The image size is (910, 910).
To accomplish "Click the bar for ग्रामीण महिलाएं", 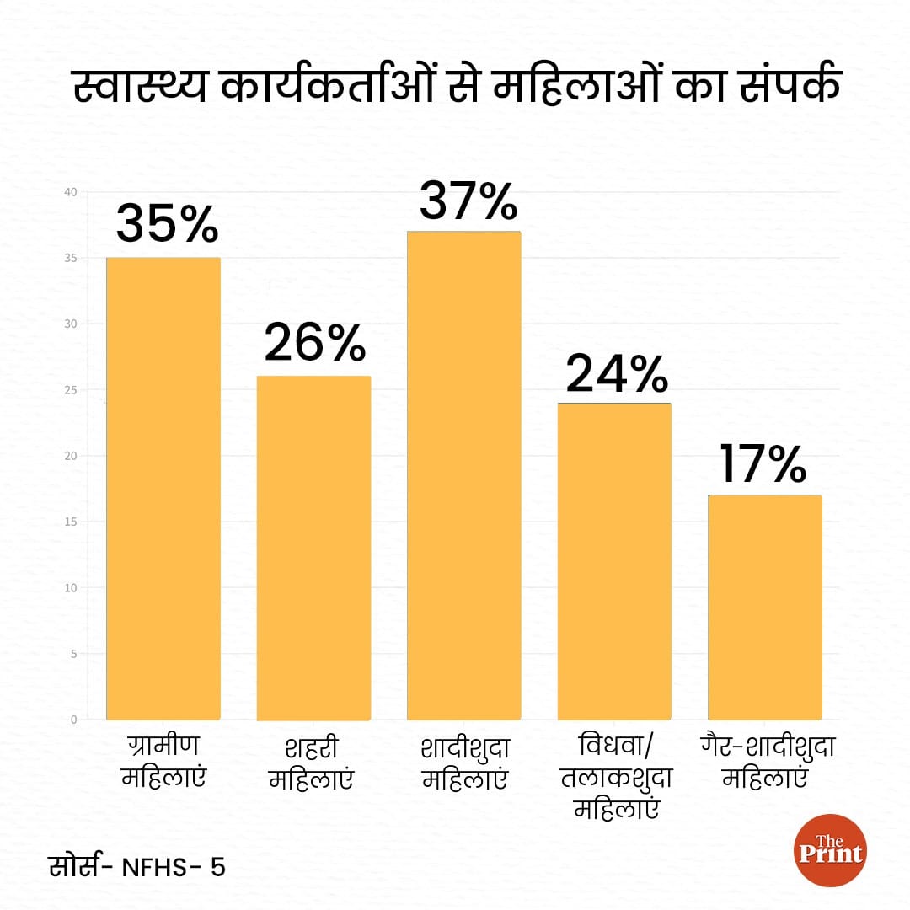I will [163, 489].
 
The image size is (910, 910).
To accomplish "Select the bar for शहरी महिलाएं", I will [313, 548].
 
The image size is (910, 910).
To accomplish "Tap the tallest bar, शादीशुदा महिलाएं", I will [463, 475].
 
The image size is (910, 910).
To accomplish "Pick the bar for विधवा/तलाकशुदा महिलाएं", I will [614, 561].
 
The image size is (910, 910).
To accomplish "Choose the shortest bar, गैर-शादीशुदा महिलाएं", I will [764, 607].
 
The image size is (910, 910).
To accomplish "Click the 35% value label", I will [167, 223].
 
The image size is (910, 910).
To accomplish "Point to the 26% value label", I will [315, 342].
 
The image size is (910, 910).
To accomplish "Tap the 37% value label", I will [468, 200].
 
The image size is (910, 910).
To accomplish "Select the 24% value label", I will [617, 374].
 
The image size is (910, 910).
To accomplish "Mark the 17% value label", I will [763, 465].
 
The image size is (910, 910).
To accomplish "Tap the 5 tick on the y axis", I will [73, 654].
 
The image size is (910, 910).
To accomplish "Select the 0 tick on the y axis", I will [73, 720].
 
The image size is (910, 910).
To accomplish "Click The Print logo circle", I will [830, 850].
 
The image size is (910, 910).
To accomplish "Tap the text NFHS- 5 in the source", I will [174, 868].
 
